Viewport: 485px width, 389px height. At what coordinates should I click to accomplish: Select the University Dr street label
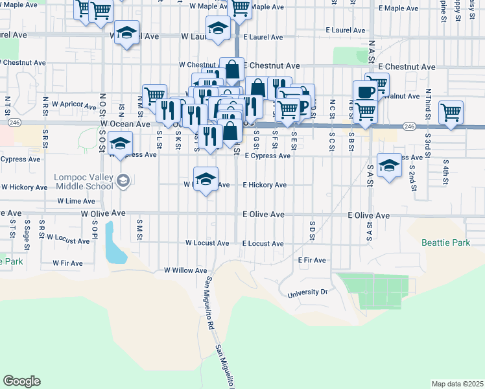point(309,293)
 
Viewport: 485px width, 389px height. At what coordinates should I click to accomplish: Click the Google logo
point(21,381)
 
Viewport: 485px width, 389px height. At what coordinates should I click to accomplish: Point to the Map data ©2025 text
point(457,384)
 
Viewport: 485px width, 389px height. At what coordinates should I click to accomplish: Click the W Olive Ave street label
point(102,213)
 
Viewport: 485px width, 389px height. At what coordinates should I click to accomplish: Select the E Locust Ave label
point(263,244)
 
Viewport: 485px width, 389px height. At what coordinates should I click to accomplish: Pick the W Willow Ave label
point(185,270)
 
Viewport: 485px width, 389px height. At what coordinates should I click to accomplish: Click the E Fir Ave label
point(312,260)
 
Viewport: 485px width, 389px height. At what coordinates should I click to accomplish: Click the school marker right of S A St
point(388,166)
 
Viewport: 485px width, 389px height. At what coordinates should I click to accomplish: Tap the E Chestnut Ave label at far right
point(407,67)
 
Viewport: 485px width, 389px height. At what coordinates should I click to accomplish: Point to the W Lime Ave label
point(76,202)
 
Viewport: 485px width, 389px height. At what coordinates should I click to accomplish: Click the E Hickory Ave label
point(265,185)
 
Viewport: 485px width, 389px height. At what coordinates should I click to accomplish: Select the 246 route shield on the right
point(408,126)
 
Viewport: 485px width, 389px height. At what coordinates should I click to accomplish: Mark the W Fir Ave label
point(67,263)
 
